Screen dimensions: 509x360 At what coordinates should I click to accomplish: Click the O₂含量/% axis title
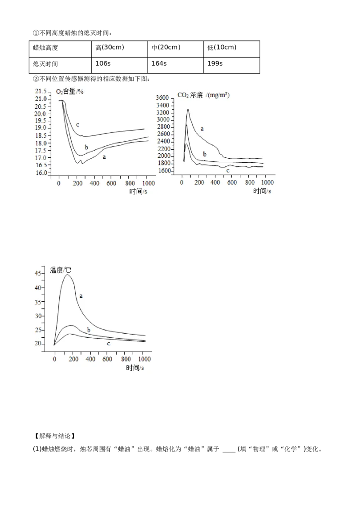(70, 91)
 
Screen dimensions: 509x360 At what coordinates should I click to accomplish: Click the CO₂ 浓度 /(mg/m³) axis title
(197, 95)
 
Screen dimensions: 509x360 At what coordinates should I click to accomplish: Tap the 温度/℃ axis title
(61, 271)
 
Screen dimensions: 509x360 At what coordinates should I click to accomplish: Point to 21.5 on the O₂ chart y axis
(41, 91)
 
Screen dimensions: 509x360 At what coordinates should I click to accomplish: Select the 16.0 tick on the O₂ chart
(41, 173)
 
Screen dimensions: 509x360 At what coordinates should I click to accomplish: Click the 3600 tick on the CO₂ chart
(162, 98)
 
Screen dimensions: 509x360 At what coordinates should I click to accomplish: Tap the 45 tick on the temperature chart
(43, 273)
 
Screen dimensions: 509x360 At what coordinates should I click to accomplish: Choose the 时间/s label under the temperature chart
(135, 367)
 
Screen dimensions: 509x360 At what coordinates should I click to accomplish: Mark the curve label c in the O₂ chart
(78, 125)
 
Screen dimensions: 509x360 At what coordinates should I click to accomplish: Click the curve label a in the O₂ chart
(104, 157)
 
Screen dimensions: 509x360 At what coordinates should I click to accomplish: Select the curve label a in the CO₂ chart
(202, 129)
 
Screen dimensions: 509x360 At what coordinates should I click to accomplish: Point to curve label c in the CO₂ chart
(227, 171)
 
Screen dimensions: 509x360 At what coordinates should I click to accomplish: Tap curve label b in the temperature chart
(89, 330)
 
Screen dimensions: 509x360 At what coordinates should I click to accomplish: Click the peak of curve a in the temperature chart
(67, 275)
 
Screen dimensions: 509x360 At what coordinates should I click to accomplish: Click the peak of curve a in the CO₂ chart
(188, 109)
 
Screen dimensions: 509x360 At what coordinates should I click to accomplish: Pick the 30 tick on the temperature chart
(43, 316)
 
